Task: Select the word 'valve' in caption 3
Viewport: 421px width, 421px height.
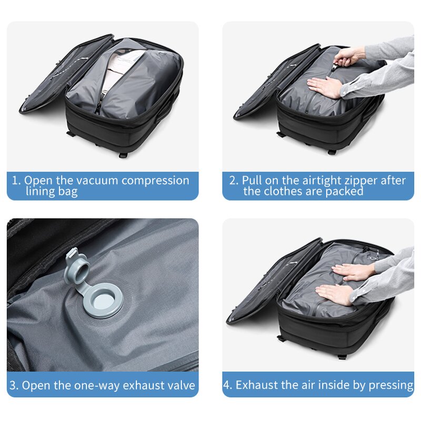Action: click(x=181, y=386)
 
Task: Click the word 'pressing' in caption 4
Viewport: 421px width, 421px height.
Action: click(x=390, y=385)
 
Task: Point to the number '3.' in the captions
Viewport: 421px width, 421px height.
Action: click(x=15, y=386)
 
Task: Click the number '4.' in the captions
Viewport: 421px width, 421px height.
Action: click(x=228, y=385)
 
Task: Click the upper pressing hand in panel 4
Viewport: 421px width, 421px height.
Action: click(x=353, y=272)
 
